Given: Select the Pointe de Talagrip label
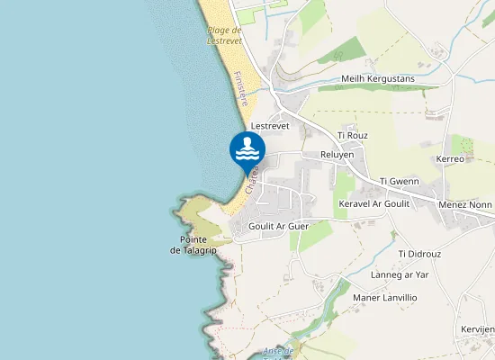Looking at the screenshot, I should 193,244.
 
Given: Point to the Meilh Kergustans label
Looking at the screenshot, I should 376,79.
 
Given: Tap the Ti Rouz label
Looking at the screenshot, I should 353,135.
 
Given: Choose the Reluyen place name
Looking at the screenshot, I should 337,155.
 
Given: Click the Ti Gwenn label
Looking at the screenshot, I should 400,181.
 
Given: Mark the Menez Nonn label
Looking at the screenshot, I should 465,204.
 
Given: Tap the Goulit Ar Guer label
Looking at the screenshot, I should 278,226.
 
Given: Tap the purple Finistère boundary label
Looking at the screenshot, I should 239,89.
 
